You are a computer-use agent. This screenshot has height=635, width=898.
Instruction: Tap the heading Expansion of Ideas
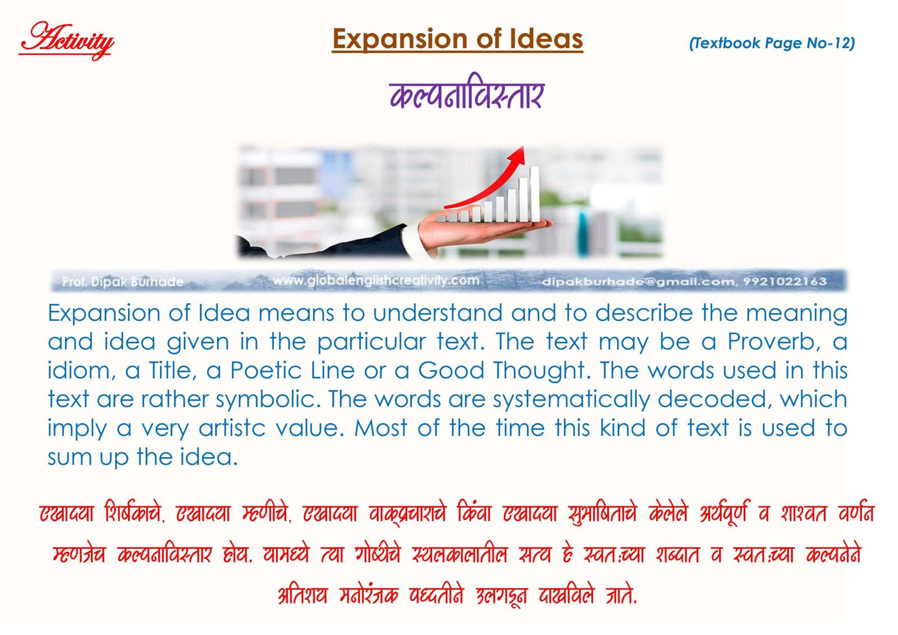point(457,39)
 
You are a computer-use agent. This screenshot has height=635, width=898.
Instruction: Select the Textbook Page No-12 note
point(772,43)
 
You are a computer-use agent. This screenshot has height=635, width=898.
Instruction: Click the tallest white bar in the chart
point(534,194)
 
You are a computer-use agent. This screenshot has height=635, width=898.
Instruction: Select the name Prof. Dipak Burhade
point(123,282)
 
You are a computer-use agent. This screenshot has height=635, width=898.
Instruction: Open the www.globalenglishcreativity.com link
point(375,280)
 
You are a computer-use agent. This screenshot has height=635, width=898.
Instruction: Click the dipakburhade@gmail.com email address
point(639,282)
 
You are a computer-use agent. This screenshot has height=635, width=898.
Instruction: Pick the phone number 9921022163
point(785,282)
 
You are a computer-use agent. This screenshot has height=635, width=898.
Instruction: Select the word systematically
point(571,400)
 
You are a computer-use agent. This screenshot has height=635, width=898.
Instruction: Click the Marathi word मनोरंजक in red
point(368,595)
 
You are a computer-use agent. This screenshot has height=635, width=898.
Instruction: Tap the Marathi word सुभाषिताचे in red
point(602,513)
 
